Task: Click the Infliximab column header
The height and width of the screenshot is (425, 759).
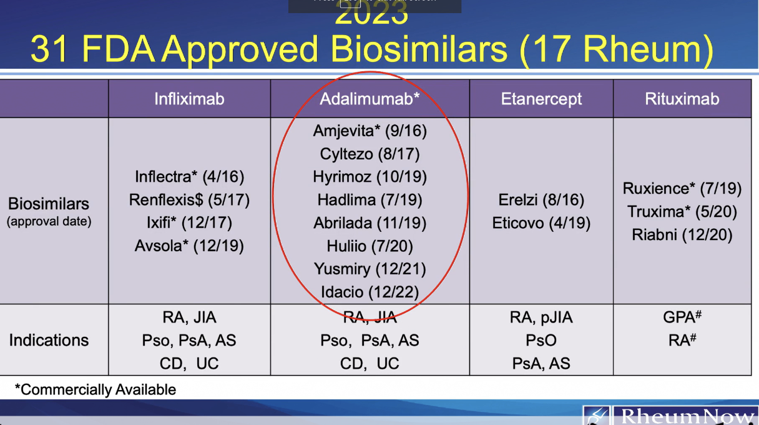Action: coord(189,99)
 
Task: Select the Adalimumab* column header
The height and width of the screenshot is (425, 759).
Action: coord(370,99)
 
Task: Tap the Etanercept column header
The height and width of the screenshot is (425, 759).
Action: coord(541,99)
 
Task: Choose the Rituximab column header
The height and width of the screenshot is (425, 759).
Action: coord(682,99)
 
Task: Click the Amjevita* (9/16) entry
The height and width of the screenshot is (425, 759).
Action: coord(370,131)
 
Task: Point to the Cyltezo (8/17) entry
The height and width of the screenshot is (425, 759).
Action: coord(370,154)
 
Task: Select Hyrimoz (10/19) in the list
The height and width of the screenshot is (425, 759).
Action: coord(370,177)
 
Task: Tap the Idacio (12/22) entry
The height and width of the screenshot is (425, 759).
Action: coord(370,292)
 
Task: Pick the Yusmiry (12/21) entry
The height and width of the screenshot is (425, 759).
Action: coord(370,269)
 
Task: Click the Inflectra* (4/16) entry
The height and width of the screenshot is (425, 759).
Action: coord(189,177)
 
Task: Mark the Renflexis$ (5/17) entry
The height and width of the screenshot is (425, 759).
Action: coord(189,200)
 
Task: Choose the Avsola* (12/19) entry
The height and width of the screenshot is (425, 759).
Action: coord(189,246)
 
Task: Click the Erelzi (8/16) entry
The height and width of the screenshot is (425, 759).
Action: coord(541,200)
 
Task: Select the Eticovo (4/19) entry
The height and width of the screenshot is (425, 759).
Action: coord(541,222)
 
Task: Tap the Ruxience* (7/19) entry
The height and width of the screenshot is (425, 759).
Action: coord(682,188)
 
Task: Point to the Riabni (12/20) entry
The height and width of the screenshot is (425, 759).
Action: coord(682,234)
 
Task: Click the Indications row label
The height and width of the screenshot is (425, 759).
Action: coord(49,340)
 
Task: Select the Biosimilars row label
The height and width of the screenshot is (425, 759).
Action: coord(49,204)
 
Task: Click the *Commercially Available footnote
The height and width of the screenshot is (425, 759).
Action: coord(95,390)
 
